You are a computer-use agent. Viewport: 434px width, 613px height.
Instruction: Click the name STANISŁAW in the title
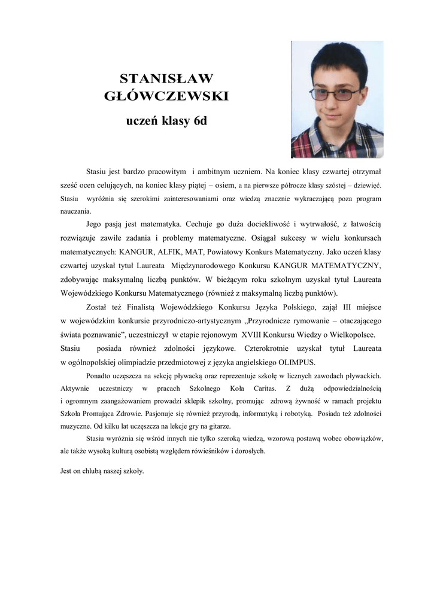coord(166,78)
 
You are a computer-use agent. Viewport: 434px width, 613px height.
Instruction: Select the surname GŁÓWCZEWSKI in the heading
coord(166,96)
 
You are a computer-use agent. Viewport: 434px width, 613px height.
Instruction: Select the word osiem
coord(220,186)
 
